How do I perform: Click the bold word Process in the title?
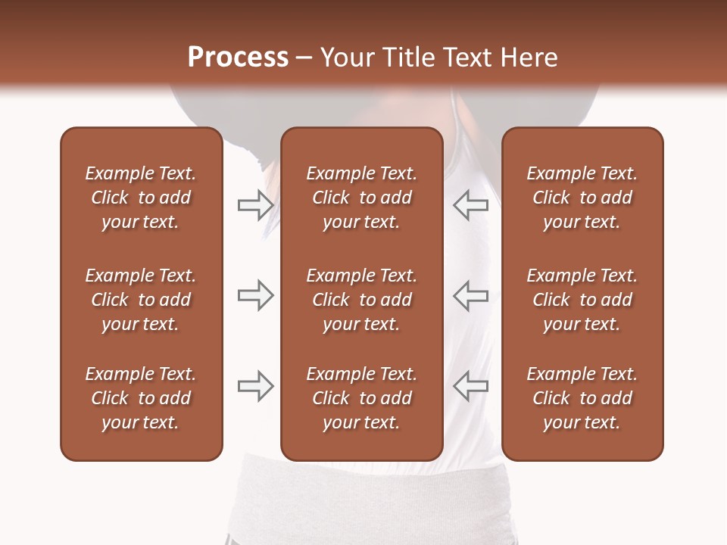238,58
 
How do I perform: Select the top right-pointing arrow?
255,205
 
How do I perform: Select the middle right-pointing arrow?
255,295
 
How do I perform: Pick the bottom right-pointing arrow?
255,386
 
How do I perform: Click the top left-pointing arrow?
470,205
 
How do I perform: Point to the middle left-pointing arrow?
470,295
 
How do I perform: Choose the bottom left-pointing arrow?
470,386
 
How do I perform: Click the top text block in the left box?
141,198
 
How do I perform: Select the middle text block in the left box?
141,300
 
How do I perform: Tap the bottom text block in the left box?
141,398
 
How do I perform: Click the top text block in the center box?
361,198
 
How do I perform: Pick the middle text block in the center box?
361,300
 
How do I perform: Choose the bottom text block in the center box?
361,398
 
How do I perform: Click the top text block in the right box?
582,198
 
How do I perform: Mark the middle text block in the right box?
582,300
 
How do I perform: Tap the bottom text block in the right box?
582,398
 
